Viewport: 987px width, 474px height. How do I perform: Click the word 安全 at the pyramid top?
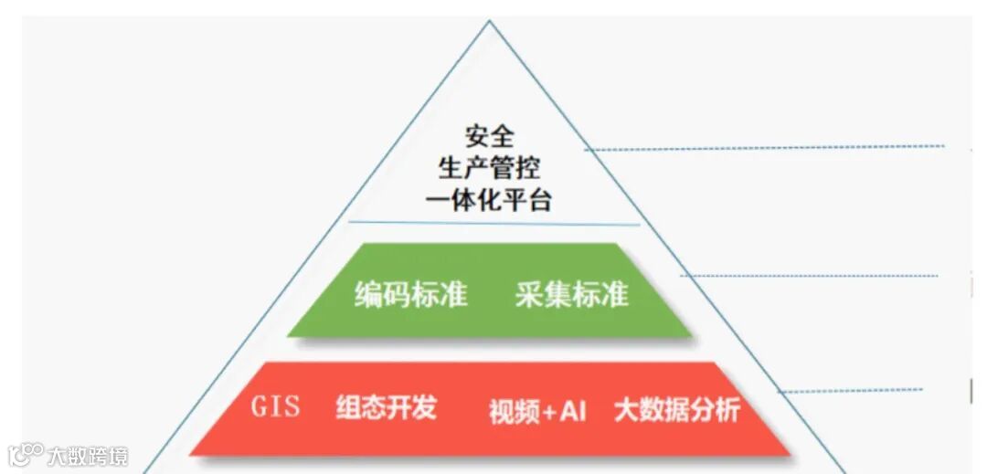click(x=489, y=137)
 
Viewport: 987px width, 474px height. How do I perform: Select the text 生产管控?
click(x=489, y=168)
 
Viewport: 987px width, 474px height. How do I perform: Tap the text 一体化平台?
click(x=489, y=200)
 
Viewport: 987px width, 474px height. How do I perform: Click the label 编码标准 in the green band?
click(x=410, y=295)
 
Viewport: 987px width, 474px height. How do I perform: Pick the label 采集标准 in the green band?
click(x=571, y=295)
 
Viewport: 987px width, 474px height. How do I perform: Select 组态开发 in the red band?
click(x=386, y=407)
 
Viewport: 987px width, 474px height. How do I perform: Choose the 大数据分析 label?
click(x=676, y=410)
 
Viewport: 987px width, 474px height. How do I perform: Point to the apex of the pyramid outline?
click(x=489, y=23)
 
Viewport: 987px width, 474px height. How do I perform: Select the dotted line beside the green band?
click(x=809, y=275)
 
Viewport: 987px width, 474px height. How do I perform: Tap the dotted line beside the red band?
click(x=850, y=390)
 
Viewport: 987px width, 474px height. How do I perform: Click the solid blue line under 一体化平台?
click(x=493, y=223)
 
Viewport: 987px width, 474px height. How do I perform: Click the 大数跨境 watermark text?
click(x=88, y=455)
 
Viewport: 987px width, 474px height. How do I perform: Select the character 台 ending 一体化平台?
click(x=540, y=200)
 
